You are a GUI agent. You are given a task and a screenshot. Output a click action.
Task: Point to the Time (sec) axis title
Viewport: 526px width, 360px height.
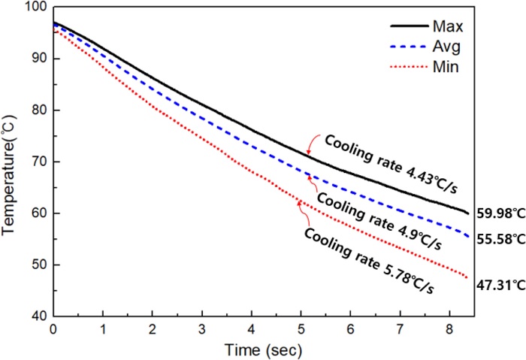[261, 349]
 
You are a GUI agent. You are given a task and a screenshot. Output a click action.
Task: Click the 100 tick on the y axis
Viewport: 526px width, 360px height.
[36, 8]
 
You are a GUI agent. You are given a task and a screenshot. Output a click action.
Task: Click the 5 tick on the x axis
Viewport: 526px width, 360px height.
[301, 330]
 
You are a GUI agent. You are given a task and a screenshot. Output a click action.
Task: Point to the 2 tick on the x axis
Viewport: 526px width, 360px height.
[152, 330]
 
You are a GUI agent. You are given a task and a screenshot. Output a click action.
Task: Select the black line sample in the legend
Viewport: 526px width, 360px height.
[409, 28]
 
